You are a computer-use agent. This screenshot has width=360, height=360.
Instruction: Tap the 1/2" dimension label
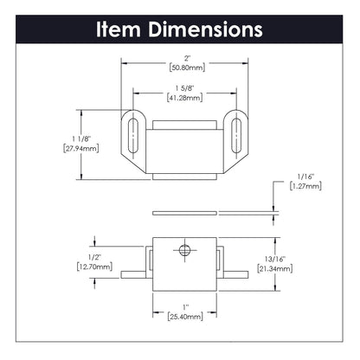coord(95,257)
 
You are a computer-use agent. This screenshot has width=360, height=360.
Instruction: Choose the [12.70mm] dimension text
coord(95,267)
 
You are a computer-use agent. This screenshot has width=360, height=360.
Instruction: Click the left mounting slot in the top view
coord(132,132)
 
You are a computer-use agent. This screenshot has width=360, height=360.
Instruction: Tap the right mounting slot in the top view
coord(234,132)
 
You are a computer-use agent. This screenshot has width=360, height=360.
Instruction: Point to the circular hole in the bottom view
coord(183,250)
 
